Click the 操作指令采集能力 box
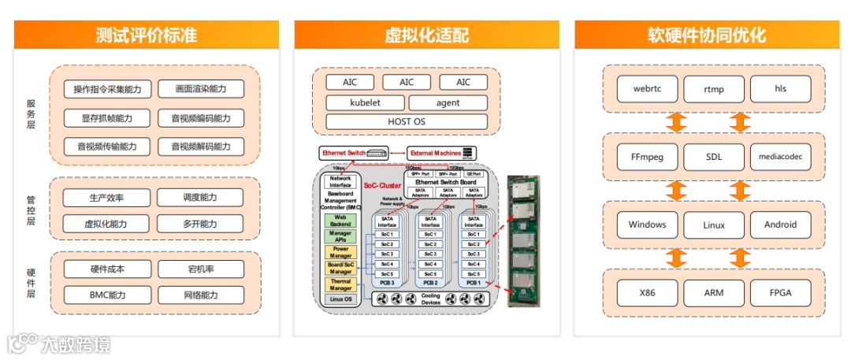point(107,89)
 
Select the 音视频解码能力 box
point(201,147)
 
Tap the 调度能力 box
point(201,198)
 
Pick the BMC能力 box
point(107,295)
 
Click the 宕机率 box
point(201,269)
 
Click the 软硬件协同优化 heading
point(707,35)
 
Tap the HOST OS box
point(407,121)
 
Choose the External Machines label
point(435,152)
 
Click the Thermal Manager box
point(340,284)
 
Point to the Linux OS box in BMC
point(340,299)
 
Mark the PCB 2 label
point(430,282)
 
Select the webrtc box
point(647,88)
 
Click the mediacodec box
point(781,157)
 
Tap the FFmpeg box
point(647,157)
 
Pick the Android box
point(781,225)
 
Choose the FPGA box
point(781,293)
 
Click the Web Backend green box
point(340,220)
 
